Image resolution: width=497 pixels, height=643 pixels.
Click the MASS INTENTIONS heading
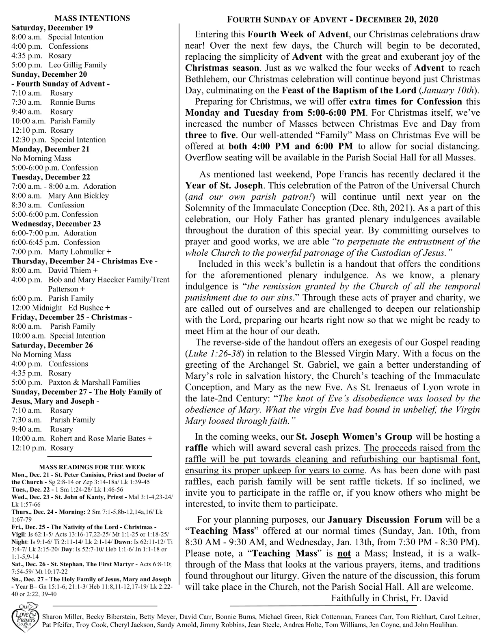(92, 18)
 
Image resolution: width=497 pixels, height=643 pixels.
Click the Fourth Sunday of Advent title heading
(332, 19)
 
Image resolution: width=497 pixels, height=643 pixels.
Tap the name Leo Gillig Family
(78, 65)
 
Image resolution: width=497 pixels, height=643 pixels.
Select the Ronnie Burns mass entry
(73, 102)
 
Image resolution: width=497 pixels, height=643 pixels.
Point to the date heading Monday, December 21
(50, 149)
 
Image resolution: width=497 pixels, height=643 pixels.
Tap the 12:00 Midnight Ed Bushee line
(61, 308)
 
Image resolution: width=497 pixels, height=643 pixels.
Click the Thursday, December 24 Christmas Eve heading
(84, 261)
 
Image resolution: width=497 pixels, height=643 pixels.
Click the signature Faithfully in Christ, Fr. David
(389, 598)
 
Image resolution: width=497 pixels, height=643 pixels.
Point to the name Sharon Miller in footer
(62, 617)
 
